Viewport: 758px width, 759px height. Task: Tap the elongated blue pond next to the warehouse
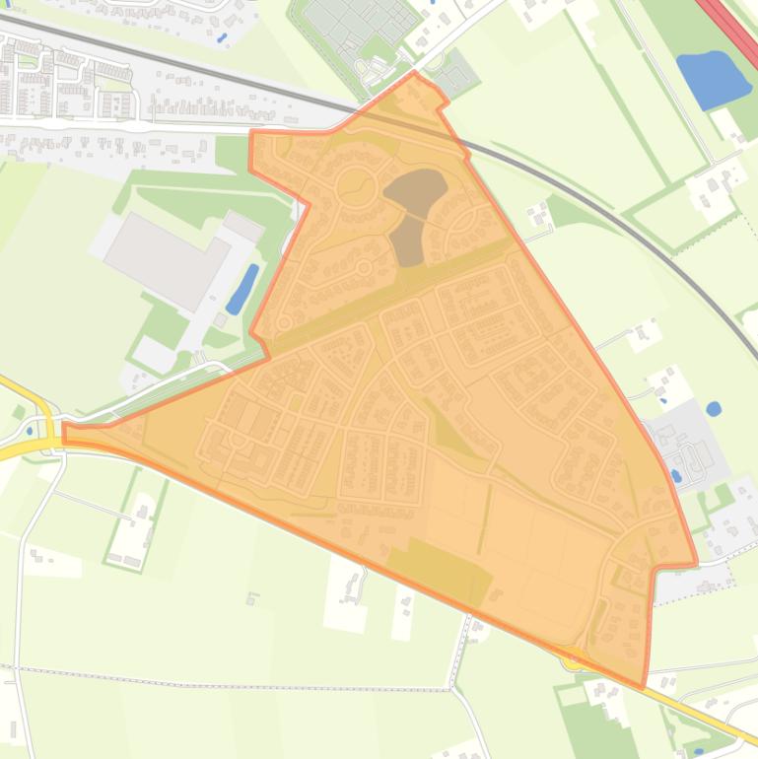pos(241,289)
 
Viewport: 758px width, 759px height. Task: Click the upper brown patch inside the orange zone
pos(415,187)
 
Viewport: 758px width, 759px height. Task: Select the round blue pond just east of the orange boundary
pos(714,407)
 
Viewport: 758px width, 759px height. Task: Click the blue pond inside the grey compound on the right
pos(675,476)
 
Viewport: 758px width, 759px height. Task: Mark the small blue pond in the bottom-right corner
pos(698,752)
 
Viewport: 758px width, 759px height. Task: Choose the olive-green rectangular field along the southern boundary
pos(439,570)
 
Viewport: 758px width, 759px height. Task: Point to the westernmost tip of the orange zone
pos(64,431)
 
